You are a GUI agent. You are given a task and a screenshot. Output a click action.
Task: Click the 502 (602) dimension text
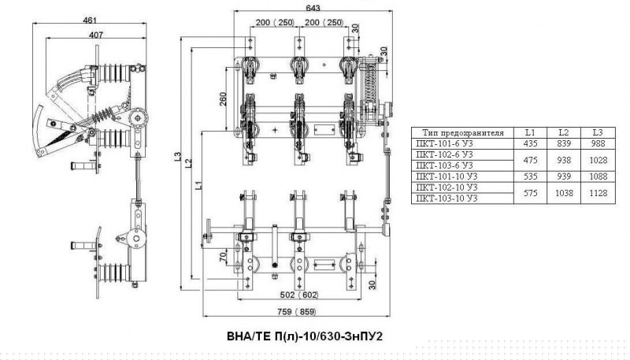click(299, 295)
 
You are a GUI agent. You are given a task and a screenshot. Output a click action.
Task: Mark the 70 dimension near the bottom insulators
click(223, 258)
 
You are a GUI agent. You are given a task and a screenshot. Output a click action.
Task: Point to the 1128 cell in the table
click(598, 193)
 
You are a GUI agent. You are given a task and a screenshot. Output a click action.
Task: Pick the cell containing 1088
click(598, 176)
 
